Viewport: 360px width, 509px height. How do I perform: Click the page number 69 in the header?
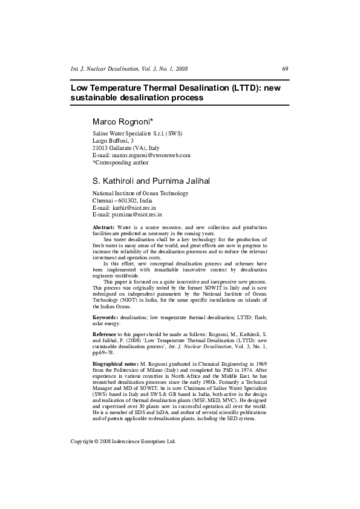285,69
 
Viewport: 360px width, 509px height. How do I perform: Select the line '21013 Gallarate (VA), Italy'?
126,148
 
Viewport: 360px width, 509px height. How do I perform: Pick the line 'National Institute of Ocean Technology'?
140,193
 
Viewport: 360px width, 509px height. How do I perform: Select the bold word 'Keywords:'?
105,317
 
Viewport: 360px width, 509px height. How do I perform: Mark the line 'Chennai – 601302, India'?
122,200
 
